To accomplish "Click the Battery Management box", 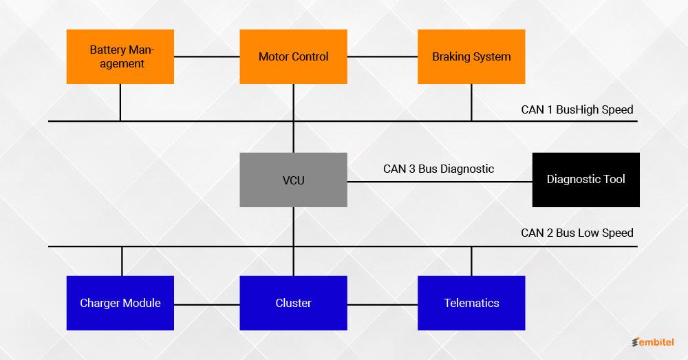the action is pos(120,56).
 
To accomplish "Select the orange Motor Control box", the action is pos(294,56).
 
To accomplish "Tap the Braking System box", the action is pos(471,56).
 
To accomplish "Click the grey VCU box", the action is pos(294,180).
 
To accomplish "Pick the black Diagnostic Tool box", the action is pos(585,180).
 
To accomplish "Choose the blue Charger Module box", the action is pos(120,303).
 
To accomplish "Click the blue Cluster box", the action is pos(294,303).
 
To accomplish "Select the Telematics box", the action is pos(471,303).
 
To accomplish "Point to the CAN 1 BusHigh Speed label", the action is pos(577,109).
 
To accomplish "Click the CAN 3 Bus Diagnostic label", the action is pos(438,169).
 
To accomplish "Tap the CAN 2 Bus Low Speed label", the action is pos(577,233).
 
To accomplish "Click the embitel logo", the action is pos(653,342).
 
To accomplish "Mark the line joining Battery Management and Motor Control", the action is pos(207,56).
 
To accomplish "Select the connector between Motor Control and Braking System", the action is pos(383,56).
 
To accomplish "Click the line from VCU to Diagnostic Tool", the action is pos(440,181).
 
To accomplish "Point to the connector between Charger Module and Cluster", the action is pos(207,304).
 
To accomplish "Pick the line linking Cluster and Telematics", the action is pos(383,304).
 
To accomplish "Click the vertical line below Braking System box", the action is pos(471,103).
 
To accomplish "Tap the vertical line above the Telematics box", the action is pos(471,261).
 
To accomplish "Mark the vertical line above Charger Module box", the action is pos(122,261).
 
